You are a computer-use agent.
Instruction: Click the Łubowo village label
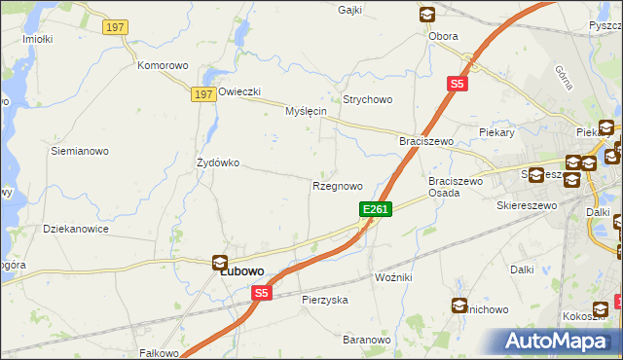[243, 273]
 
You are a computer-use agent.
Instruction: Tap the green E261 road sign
[376, 209]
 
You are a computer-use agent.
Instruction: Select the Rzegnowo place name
[337, 186]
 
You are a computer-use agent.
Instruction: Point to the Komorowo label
[162, 66]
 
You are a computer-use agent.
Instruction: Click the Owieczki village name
[239, 92]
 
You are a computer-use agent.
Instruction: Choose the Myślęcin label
[305, 112]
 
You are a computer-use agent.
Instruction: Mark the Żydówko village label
[218, 162]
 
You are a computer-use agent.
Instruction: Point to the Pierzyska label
[325, 301]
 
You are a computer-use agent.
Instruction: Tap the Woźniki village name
[393, 278]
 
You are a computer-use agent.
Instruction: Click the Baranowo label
[366, 340]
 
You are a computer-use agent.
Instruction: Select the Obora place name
[443, 37]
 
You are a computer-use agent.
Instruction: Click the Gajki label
[349, 10]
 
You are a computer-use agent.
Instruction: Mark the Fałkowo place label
[160, 352]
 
